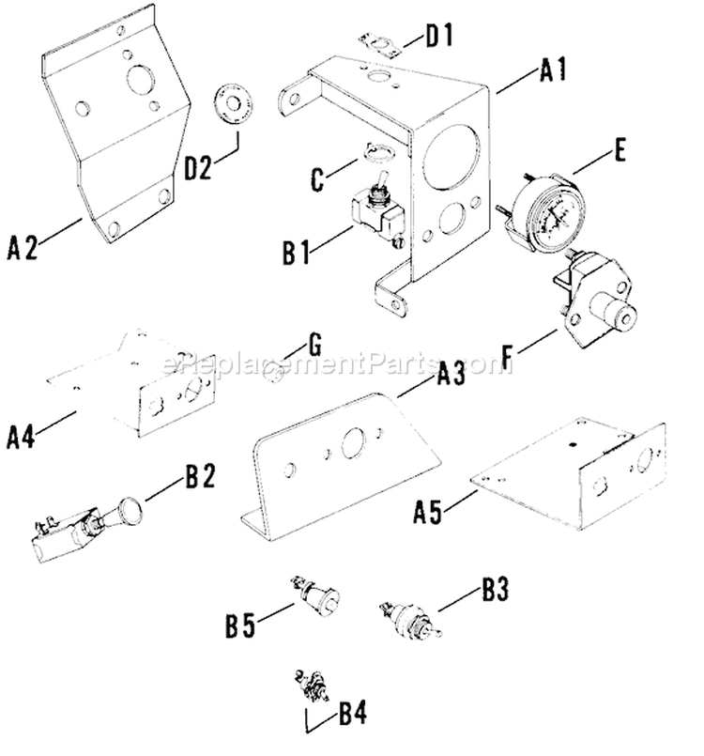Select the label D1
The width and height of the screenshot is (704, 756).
438,39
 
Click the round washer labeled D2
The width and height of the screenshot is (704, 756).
227,100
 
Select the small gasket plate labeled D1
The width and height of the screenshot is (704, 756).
379,44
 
